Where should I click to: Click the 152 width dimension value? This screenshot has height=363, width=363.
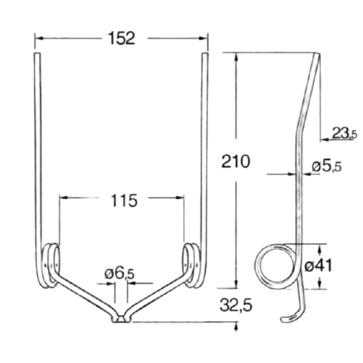(121, 38)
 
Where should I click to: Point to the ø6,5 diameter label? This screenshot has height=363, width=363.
(120, 274)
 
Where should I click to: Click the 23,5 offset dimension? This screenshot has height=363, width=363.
(344, 133)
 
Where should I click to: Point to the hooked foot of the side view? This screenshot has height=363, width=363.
(289, 317)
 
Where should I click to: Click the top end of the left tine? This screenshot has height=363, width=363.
(36, 59)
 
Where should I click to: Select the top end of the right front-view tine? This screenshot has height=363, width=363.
(206, 59)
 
